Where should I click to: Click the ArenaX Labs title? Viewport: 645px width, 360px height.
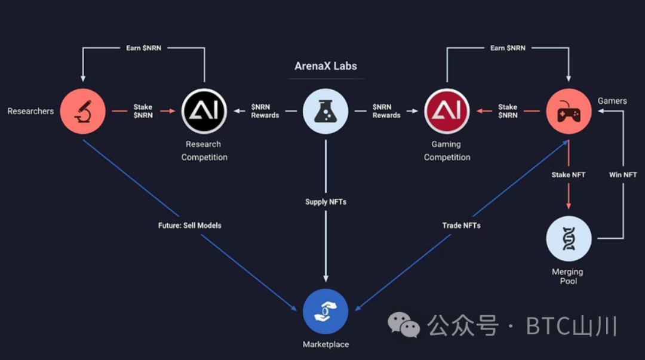pos(325,66)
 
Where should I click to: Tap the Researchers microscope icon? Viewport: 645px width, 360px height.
pos(82,112)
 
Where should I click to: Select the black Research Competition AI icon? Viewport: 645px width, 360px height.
pos(204,112)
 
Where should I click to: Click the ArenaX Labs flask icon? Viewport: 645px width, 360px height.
pos(325,112)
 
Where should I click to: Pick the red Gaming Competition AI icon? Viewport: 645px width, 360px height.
pos(447,112)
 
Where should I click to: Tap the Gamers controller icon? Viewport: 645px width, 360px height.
pos(569,112)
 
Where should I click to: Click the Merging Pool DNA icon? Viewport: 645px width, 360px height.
pos(569,239)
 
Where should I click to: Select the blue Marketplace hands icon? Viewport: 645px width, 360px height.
pos(325,311)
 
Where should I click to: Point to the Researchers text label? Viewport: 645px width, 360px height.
pos(30,111)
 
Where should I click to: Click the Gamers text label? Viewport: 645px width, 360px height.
pos(612,101)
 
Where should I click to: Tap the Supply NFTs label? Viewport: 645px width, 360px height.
pos(325,202)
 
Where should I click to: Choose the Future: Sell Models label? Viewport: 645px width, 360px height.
pos(190,225)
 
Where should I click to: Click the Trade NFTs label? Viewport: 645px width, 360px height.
pos(461,225)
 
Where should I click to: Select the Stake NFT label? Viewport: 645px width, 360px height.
pos(569,175)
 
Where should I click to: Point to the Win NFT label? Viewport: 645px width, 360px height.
pos(623,175)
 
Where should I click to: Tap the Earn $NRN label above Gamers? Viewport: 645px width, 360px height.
pos(508,48)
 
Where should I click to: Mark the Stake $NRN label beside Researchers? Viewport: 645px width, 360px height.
pos(143,111)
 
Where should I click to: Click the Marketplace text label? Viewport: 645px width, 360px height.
pos(325,344)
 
